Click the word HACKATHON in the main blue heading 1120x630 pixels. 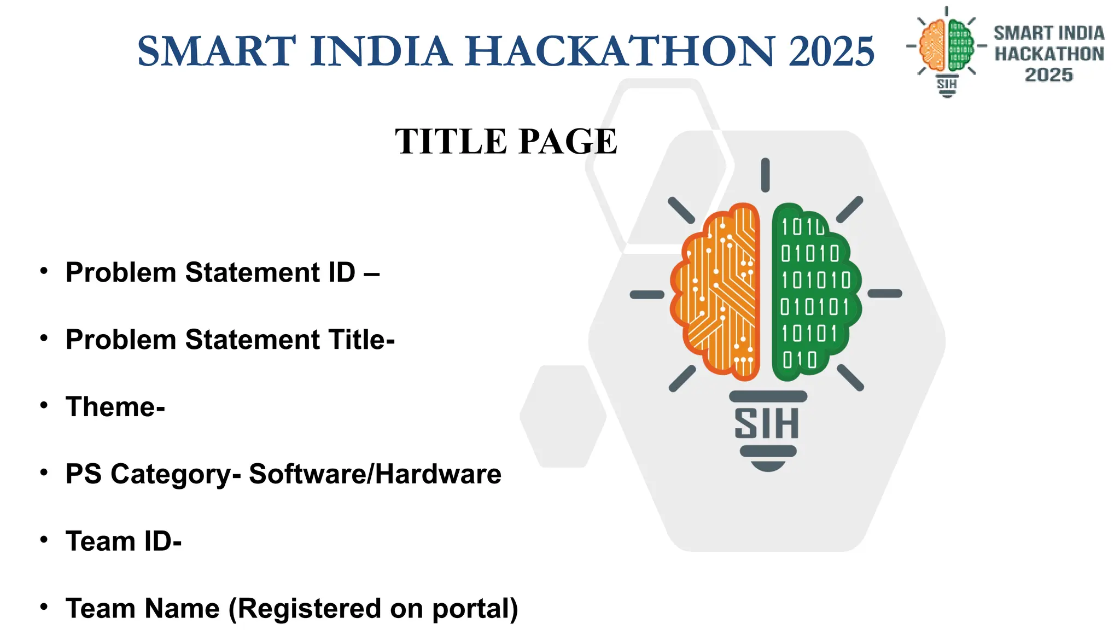(620, 51)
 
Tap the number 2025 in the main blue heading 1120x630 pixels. (831, 51)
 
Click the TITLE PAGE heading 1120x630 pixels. (506, 141)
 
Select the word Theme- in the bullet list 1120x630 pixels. (115, 407)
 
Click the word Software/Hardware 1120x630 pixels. (375, 474)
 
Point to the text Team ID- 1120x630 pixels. (124, 541)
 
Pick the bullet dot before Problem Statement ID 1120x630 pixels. (44, 271)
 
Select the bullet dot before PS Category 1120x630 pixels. (44, 472)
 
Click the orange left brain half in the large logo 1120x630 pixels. (716, 293)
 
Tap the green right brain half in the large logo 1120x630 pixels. (815, 293)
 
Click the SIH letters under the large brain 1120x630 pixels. (767, 424)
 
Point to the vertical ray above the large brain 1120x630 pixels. (766, 175)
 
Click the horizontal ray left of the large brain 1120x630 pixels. (647, 295)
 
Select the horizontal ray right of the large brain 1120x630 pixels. (885, 294)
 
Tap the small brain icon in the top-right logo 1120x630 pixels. (947, 46)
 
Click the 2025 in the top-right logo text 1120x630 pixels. (1048, 75)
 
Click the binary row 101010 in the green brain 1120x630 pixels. (815, 281)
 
